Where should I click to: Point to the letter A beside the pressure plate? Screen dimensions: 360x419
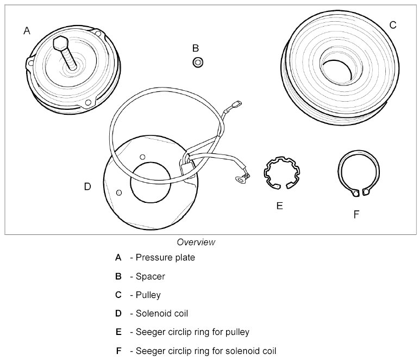[27, 31]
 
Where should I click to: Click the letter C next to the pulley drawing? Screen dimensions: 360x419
[393, 25]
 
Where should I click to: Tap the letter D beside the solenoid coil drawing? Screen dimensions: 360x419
[87, 187]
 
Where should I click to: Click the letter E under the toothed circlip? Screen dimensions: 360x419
[279, 206]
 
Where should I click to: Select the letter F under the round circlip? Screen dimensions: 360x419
[356, 215]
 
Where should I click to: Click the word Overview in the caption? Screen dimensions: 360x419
[196, 242]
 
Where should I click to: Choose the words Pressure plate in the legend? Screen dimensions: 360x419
[165, 258]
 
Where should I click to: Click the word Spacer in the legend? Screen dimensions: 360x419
[151, 276]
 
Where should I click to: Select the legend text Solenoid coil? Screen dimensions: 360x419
[160, 313]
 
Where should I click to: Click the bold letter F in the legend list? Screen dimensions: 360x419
[118, 350]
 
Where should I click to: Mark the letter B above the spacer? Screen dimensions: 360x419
[196, 48]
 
